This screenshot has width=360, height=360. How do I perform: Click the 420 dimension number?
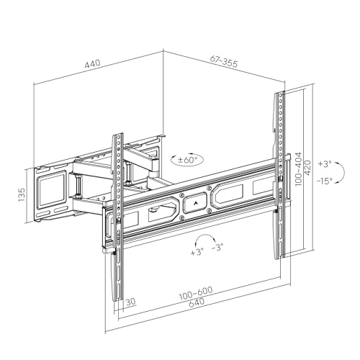(x=308, y=170)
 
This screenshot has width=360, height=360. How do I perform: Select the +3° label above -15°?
(x=325, y=165)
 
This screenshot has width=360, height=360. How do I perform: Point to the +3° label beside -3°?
(x=197, y=253)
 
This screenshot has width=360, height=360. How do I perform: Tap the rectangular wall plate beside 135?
(x=49, y=189)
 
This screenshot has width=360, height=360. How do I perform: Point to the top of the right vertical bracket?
(x=280, y=95)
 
